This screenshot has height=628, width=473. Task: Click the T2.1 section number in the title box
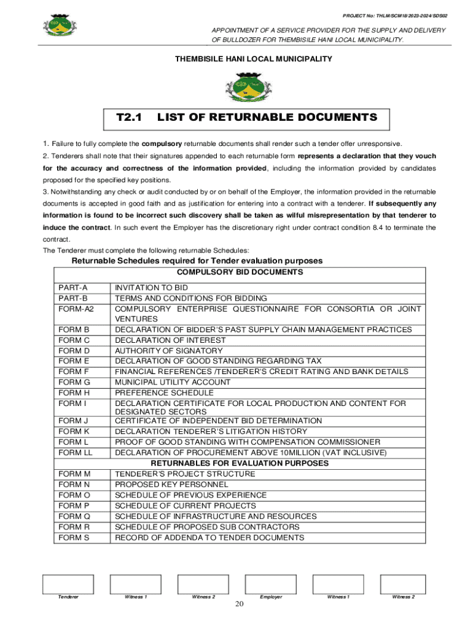129,117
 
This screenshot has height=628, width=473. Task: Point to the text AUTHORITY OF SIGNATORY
168,351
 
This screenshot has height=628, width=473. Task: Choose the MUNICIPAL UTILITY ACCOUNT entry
173,382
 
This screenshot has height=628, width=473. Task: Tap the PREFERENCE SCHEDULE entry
164,392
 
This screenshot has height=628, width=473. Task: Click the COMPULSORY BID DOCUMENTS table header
240,272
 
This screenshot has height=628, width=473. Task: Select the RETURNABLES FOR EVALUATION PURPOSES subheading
240,463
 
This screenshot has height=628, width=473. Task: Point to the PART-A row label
73,288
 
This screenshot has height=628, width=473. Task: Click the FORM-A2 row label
76,308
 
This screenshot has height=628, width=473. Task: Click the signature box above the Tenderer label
68,583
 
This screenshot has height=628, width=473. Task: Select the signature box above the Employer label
270,583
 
